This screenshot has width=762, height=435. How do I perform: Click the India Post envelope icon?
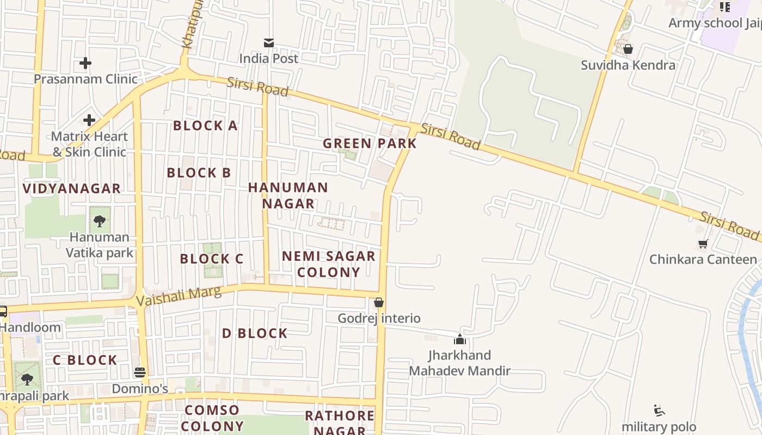pos(269,43)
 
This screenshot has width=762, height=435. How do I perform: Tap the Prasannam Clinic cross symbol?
pos(85,63)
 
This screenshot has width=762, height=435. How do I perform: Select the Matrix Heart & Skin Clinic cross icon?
pos(89,120)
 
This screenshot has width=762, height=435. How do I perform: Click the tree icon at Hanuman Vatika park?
pos(100,221)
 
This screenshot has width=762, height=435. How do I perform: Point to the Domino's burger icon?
pos(140,372)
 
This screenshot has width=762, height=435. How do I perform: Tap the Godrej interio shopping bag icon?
pos(379,302)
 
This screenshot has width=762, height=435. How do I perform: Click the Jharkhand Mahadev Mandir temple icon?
pos(460,340)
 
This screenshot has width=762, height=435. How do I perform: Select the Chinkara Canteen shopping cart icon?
pos(703,244)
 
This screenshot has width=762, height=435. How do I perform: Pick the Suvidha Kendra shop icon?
pos(628,49)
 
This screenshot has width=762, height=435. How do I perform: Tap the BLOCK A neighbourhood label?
pos(205,126)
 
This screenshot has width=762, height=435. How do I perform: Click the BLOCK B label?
pos(199,173)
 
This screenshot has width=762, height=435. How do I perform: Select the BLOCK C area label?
pos(211,259)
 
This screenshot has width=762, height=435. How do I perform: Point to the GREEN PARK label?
pos(370,144)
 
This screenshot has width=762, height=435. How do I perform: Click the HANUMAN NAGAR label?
pos(288,195)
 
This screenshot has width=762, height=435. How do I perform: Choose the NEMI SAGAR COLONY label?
pos(329,264)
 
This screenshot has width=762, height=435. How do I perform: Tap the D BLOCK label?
pos(254,333)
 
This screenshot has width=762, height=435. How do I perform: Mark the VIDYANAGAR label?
pos(71,189)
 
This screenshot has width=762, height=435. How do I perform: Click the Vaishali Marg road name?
pos(179,296)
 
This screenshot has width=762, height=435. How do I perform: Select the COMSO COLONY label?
pos(212,418)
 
